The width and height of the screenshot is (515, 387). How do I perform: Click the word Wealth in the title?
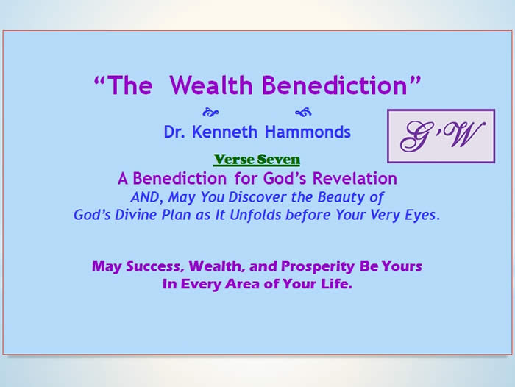pyautogui.click(x=211, y=85)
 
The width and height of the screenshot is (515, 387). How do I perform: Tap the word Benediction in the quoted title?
pyautogui.click(x=335, y=85)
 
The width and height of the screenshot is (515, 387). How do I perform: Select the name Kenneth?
pyautogui.click(x=224, y=132)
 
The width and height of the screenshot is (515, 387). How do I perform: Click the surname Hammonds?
pyautogui.click(x=308, y=132)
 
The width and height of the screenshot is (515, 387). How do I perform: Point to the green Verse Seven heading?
pyautogui.click(x=257, y=160)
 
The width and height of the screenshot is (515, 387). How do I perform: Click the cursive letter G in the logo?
pyautogui.click(x=415, y=136)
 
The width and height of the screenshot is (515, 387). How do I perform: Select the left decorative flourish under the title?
pyautogui.click(x=210, y=113)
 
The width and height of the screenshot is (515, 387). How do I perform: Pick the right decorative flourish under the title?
pyautogui.click(x=303, y=113)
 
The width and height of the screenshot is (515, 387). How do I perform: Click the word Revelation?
pyautogui.click(x=355, y=179)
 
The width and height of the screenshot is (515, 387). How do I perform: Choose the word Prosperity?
pyautogui.click(x=318, y=266)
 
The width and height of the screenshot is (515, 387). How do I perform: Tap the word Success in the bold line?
pyautogui.click(x=154, y=266)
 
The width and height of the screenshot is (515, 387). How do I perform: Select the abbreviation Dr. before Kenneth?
pyautogui.click(x=174, y=132)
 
